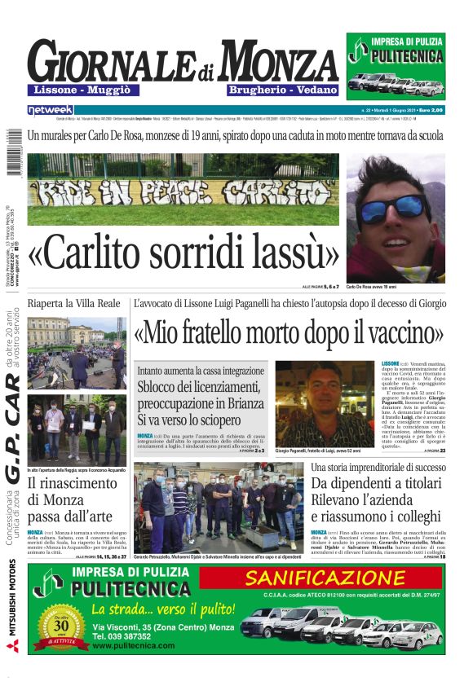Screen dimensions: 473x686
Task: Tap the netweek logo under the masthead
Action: pos(50,109)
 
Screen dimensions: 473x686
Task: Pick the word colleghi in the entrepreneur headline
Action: pos(408,517)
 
